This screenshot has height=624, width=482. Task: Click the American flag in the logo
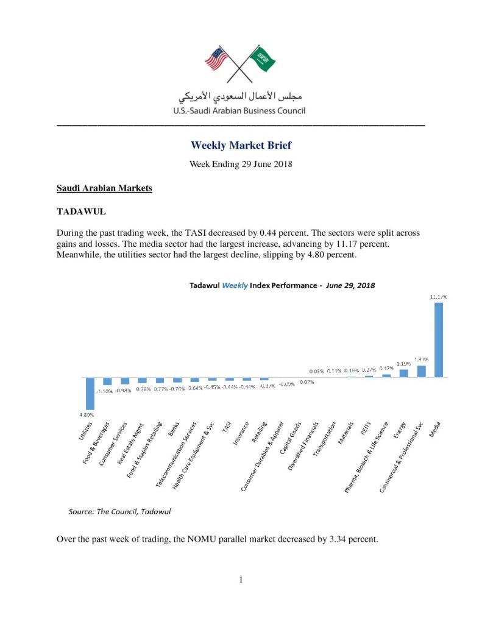pyautogui.click(x=216, y=59)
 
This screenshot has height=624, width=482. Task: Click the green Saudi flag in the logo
pyautogui.click(x=264, y=58)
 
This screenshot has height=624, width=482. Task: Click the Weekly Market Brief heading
pyautogui.click(x=241, y=145)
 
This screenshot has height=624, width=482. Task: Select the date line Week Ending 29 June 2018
pyautogui.click(x=241, y=165)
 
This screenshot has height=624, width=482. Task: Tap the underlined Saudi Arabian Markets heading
pyautogui.click(x=104, y=188)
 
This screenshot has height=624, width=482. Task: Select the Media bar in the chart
pyautogui.click(x=438, y=340)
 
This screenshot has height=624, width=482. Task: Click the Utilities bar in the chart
pyautogui.click(x=90, y=394)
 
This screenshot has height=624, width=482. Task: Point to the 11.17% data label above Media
pyautogui.click(x=438, y=297)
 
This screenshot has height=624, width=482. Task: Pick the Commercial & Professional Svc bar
pyautogui.click(x=421, y=371)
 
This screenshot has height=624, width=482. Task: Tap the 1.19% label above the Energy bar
pyautogui.click(x=403, y=364)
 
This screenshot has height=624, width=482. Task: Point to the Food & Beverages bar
pyautogui.click(x=107, y=381)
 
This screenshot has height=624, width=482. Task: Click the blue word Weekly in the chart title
pyautogui.click(x=234, y=285)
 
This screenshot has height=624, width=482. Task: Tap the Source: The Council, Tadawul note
pyautogui.click(x=119, y=511)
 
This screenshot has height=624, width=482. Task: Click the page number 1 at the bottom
pyautogui.click(x=241, y=580)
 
